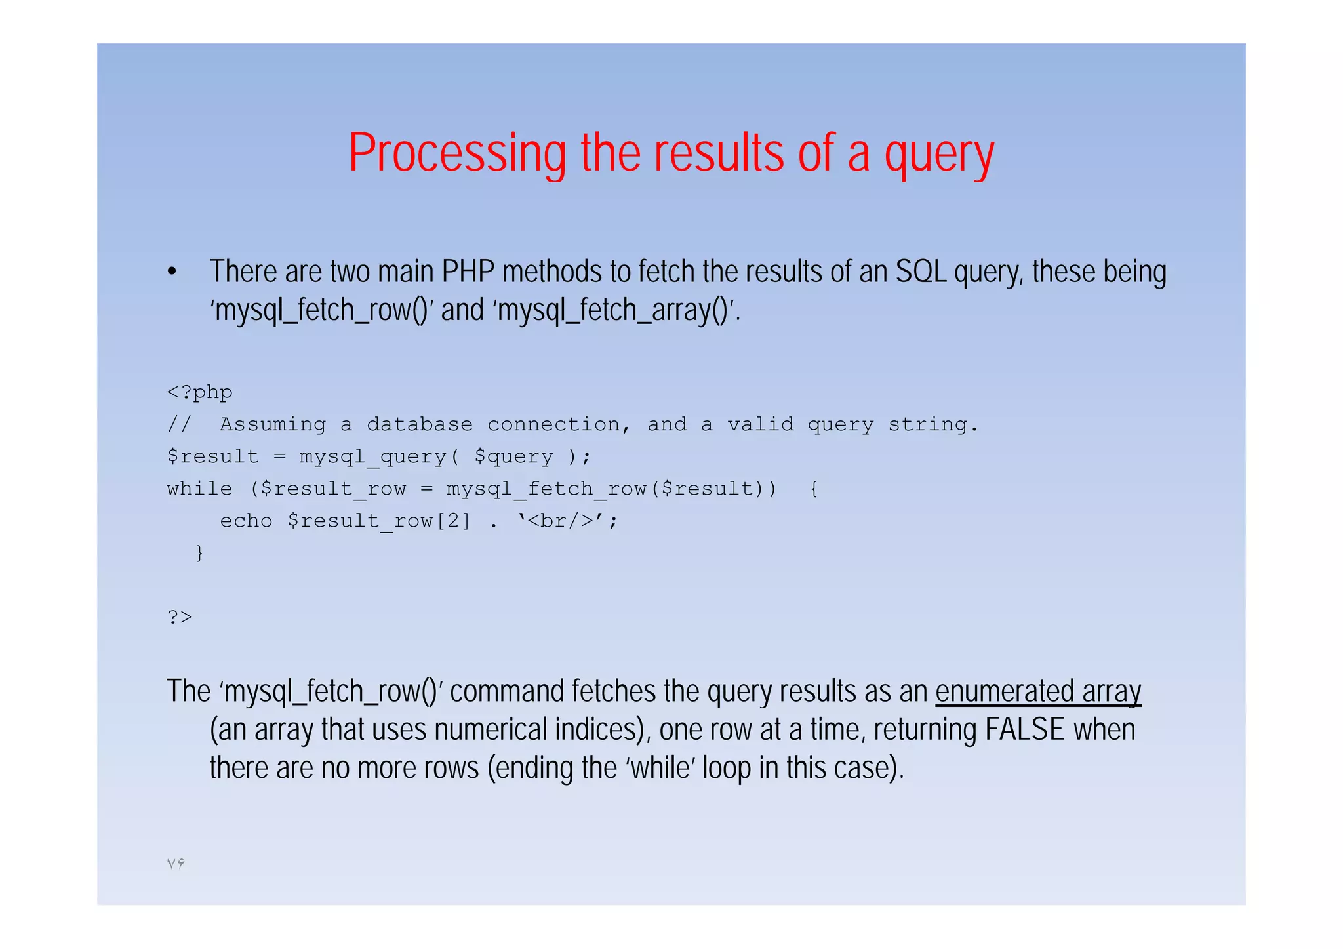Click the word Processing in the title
tap(457, 153)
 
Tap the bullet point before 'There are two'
tap(172, 272)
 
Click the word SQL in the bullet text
tap(921, 272)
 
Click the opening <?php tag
tap(199, 392)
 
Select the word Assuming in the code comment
tap(272, 424)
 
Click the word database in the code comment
tap(419, 424)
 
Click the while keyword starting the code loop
tap(199, 489)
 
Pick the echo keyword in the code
tap(246, 521)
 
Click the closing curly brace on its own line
tap(199, 553)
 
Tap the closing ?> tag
tap(180, 617)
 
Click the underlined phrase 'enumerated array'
tap(1037, 691)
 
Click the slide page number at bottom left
tap(176, 864)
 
